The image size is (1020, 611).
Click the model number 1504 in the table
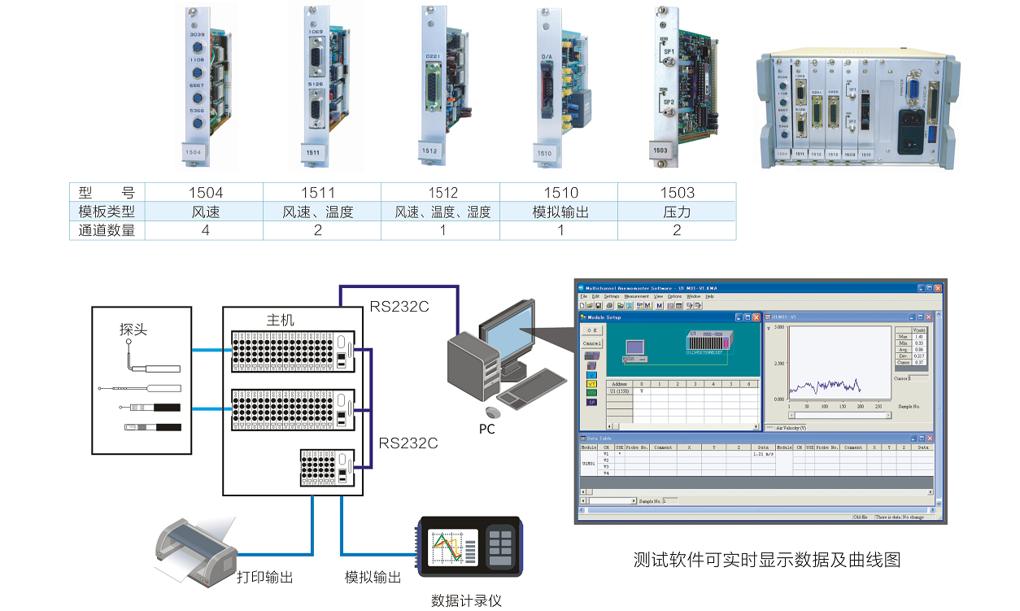205,193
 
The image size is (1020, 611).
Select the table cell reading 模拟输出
560,212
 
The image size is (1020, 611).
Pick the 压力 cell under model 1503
677,212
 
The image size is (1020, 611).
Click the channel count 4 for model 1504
205,230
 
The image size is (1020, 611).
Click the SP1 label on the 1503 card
669,51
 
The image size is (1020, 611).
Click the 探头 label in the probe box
133,330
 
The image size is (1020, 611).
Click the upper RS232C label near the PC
399,307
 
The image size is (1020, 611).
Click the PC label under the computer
486,429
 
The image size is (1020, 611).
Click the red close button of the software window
937,288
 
